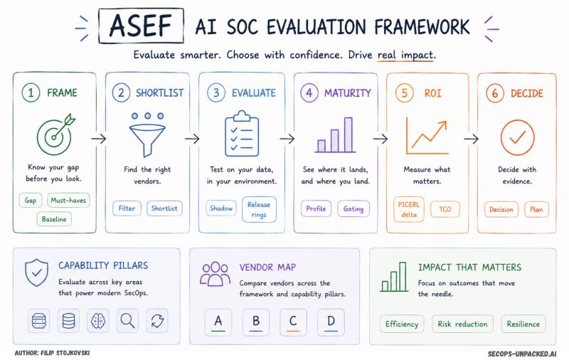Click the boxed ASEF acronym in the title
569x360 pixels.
(x=141, y=26)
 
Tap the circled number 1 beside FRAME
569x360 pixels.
(x=31, y=92)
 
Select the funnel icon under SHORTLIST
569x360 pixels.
(x=147, y=135)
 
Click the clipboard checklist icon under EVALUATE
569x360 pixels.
(x=242, y=134)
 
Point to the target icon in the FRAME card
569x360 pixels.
(x=55, y=134)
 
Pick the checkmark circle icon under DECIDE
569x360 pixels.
(x=518, y=137)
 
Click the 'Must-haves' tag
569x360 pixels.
(x=68, y=201)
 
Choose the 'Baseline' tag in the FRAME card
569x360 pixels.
(x=54, y=219)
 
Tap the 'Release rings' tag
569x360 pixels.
(x=259, y=209)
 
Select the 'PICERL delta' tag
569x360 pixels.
(x=409, y=209)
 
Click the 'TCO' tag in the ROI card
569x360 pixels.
(x=445, y=209)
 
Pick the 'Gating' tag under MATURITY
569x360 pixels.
(x=353, y=208)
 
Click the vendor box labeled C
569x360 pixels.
(x=293, y=322)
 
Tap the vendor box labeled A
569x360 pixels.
(x=218, y=322)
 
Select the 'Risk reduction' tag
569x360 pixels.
(x=462, y=324)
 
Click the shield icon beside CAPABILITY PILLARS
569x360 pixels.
(x=37, y=272)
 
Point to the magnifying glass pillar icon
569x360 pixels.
(x=127, y=321)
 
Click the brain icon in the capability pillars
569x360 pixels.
(x=98, y=321)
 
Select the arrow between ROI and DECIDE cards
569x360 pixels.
(x=471, y=139)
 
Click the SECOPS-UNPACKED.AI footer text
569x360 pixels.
(x=522, y=354)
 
